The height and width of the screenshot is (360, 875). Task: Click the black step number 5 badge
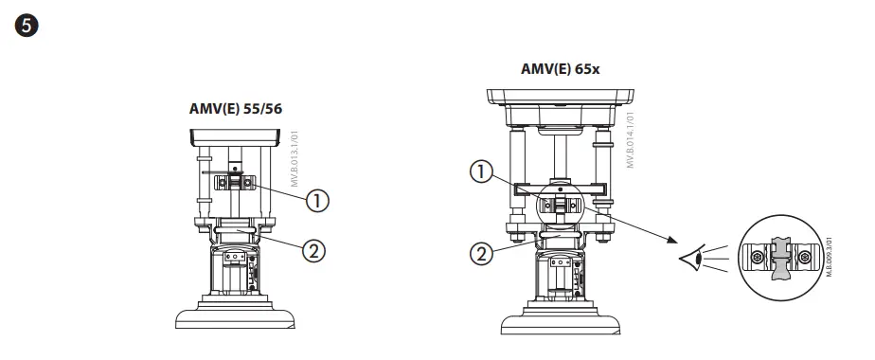[27, 27]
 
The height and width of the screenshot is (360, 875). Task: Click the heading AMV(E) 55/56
[236, 108]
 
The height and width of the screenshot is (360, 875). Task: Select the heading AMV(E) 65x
[561, 68]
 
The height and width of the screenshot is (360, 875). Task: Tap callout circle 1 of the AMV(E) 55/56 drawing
[317, 200]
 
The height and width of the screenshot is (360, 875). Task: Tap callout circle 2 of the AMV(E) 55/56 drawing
[313, 251]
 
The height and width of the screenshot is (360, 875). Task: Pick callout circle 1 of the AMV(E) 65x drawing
[482, 173]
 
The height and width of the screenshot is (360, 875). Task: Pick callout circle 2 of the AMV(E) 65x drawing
[482, 254]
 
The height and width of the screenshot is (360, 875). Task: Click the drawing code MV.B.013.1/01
[295, 159]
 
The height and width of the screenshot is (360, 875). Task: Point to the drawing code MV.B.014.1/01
[631, 140]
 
